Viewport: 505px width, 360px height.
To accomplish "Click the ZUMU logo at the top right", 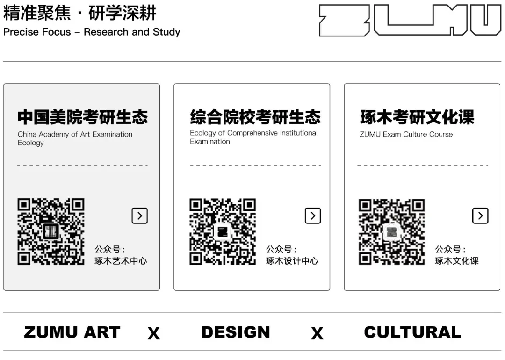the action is pos(410,20).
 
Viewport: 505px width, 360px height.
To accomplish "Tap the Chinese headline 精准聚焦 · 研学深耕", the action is pos(80,13).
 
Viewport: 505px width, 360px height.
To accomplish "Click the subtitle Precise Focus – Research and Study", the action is pos(92,32).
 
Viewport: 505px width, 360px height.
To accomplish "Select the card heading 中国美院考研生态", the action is pos(83,117).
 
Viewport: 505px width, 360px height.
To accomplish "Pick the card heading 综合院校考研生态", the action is pos(255,117).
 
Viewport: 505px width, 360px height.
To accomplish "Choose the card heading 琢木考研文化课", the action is pos(417,117).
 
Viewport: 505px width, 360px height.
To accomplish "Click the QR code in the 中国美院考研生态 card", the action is pos(51,231).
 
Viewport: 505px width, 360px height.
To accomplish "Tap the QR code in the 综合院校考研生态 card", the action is pos(223,231).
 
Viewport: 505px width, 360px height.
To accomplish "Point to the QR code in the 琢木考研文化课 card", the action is pos(392,231).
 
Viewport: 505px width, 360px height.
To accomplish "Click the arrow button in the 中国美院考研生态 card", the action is pos(139,216).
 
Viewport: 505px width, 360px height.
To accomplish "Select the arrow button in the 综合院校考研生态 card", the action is pos(313,216).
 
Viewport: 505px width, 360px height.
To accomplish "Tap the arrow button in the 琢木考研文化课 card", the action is pos(480,216).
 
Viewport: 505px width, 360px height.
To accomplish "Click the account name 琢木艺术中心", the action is pos(121,261).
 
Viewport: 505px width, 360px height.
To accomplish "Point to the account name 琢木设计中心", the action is pos(292,261).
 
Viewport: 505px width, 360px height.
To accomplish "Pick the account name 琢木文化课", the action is pos(457,261).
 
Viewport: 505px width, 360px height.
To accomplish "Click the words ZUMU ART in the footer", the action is pos(72,332).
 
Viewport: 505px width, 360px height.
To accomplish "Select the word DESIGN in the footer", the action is pos(236,332).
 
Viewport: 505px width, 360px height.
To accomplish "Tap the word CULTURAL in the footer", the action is pos(412,332).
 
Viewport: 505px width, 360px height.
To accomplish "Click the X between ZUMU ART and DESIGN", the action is pos(153,333).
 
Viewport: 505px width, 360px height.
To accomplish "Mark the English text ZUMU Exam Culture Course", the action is pos(406,135).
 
